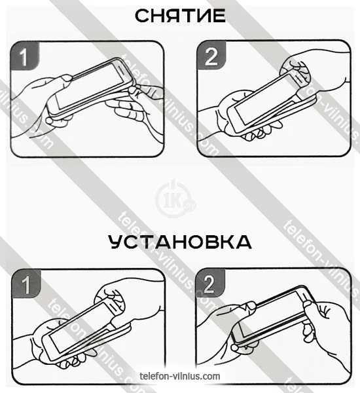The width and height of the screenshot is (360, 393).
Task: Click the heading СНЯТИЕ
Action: point(180,16)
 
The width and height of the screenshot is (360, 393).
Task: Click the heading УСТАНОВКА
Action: point(180,242)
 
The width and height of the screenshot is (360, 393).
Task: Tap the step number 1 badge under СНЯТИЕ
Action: point(25,56)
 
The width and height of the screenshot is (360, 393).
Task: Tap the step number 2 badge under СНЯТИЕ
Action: point(211,56)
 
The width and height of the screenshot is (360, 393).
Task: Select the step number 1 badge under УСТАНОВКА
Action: point(26,284)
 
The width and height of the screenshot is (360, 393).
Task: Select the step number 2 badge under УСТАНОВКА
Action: point(210,283)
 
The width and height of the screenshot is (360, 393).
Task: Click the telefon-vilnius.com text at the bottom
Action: point(180,376)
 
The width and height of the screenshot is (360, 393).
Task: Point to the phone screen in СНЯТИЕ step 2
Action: point(266,100)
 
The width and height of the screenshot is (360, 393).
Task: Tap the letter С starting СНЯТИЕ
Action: point(142,16)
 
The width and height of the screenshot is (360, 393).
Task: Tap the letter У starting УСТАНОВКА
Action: point(116,242)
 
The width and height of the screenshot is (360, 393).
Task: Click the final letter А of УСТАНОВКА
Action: point(243,242)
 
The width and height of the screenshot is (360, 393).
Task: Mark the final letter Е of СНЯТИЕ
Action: point(219,16)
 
